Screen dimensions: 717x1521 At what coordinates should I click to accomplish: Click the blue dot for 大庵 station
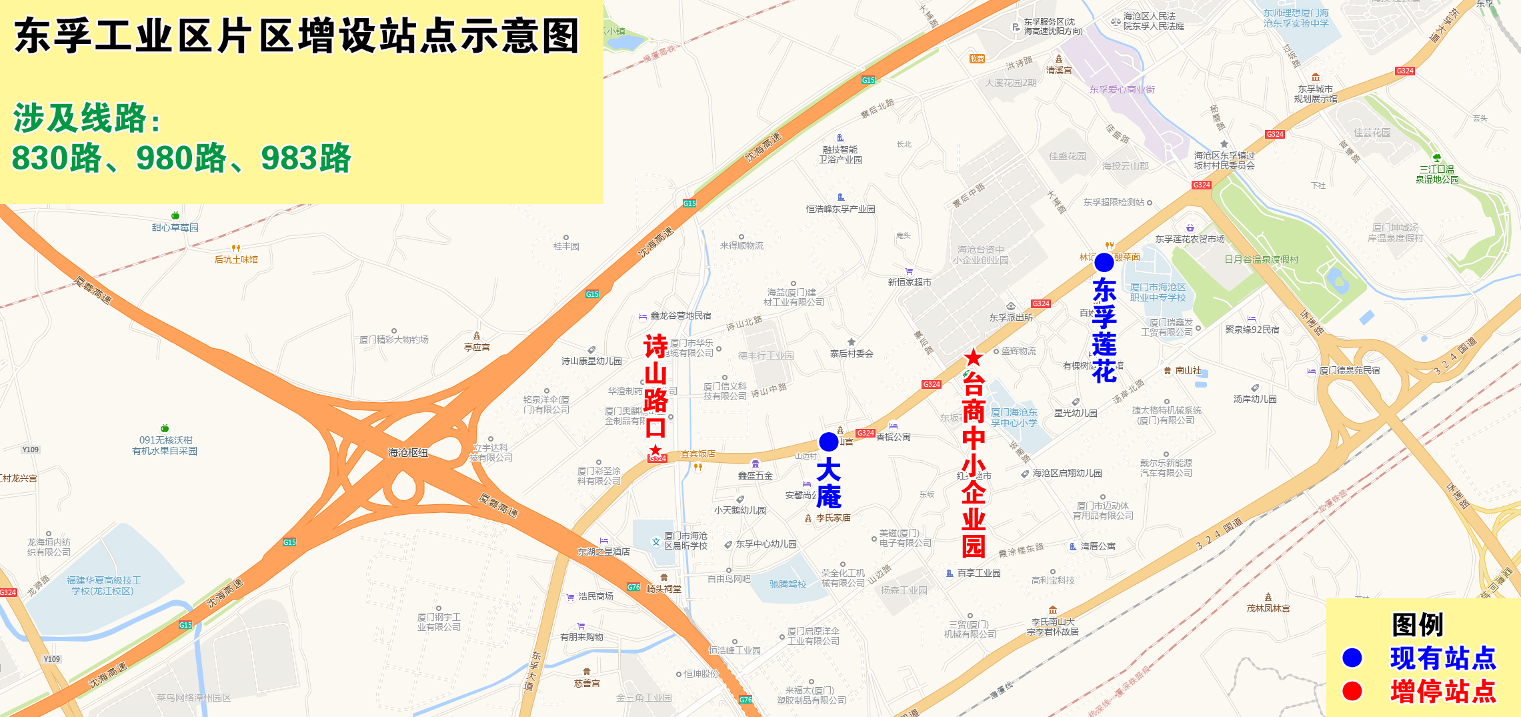coord(828,442)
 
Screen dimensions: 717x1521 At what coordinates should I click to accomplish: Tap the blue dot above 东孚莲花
coord(1104,262)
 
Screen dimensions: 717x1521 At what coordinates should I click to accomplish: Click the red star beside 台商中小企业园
coord(974,357)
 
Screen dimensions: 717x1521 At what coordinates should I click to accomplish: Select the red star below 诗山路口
coord(656,450)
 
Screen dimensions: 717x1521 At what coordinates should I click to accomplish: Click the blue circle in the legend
coord(1352,658)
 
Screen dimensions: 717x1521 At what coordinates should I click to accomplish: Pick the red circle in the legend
coord(1352,691)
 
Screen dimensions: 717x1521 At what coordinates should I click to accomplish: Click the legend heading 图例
coord(1418,625)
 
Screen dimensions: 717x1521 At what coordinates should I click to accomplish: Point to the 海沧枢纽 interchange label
coord(408,453)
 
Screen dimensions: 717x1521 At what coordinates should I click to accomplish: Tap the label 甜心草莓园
coord(175,227)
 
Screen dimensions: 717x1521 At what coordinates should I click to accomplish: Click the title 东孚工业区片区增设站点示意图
coord(297,36)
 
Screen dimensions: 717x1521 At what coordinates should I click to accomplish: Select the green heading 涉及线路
coord(87,119)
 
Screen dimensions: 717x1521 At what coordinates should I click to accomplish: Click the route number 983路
coord(306,159)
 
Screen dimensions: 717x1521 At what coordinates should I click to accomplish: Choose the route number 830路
coord(57,159)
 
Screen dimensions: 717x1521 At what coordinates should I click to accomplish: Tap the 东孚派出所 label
coord(1011,317)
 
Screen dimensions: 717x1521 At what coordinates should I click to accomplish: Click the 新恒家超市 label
coord(910,282)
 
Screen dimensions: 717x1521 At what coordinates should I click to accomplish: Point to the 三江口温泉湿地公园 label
coord(1437,175)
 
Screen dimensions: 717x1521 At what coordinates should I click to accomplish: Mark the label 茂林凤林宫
coord(1268,608)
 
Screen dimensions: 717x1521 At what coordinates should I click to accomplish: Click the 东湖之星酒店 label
coord(603,552)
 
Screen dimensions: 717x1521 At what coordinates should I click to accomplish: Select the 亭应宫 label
coord(477,347)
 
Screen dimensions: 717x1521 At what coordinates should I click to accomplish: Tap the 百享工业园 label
coord(978,573)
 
